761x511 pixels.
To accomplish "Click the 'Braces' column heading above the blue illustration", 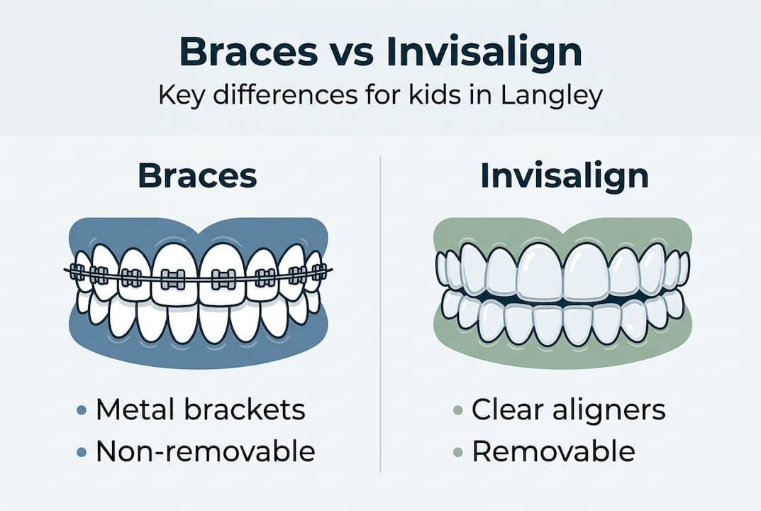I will tap(197, 176).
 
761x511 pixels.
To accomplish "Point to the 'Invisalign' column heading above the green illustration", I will tap(564, 176).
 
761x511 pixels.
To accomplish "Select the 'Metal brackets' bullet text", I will tap(200, 410).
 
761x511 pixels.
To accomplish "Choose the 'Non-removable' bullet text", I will tap(205, 451).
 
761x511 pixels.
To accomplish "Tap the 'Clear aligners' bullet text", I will tap(569, 410).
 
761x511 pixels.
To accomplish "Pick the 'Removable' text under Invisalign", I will tap(553, 451).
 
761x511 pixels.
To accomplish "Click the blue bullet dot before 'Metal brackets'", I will tap(82, 411).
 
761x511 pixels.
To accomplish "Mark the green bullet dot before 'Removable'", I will tap(458, 452).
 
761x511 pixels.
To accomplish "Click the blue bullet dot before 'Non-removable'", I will tap(82, 452).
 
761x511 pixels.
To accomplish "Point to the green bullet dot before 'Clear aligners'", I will tap(458, 411).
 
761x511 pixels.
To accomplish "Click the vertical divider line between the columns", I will tap(381, 312).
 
